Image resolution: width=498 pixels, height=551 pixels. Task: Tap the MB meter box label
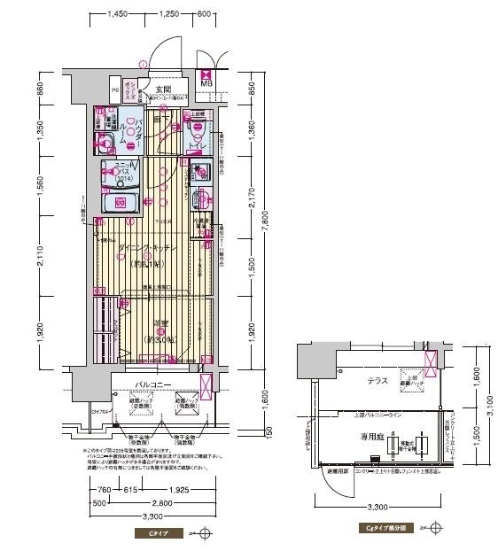click(x=206, y=84)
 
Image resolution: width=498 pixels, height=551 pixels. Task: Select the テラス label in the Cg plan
click(x=382, y=378)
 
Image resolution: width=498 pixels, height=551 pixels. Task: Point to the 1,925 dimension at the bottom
click(x=183, y=490)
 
